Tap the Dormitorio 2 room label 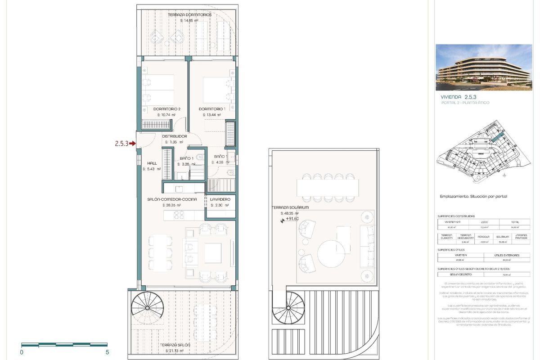pyautogui.click(x=166, y=109)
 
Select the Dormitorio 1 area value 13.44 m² pyautogui.click(x=211, y=115)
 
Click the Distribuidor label pyautogui.click(x=174, y=136)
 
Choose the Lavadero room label pyautogui.click(x=220, y=199)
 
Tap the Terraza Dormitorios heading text pyautogui.click(x=189, y=15)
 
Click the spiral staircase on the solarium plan pyautogui.click(x=289, y=308)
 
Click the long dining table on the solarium pyautogui.click(x=327, y=186)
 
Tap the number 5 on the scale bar pyautogui.click(x=107, y=352)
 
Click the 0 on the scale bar pyautogui.click(x=22, y=352)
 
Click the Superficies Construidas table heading pyautogui.click(x=456, y=216)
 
